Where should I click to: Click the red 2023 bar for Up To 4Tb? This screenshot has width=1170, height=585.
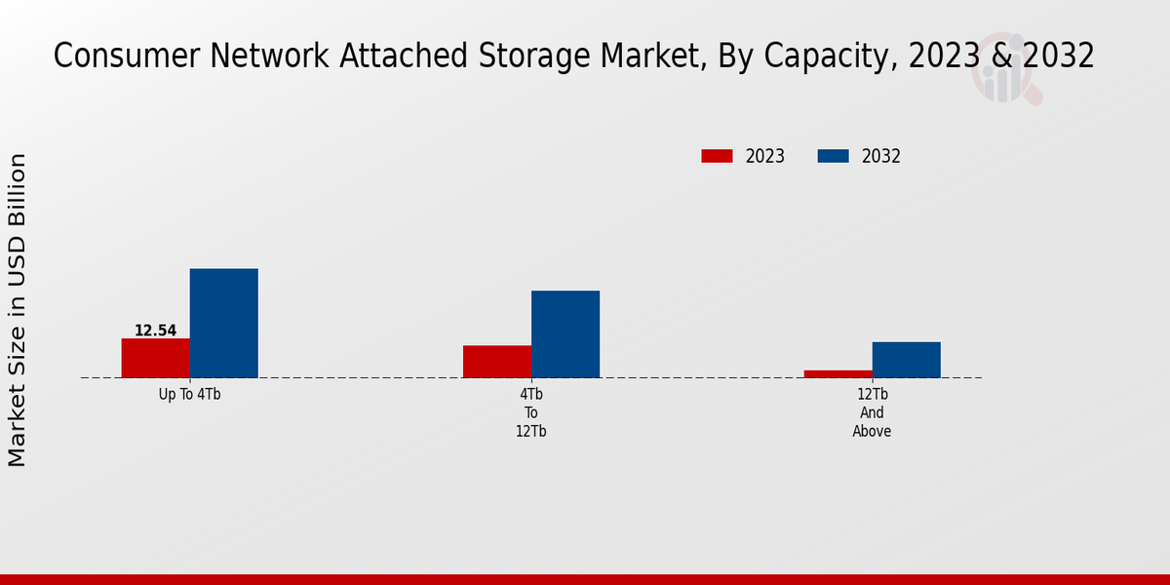pos(155,358)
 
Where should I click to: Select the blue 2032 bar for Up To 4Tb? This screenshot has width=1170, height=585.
pos(223,323)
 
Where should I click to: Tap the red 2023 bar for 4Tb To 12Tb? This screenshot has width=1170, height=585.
pos(496,361)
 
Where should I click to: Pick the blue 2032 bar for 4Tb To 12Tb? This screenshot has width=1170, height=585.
pos(565,333)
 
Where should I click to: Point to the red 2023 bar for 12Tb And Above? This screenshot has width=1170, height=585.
pos(838,373)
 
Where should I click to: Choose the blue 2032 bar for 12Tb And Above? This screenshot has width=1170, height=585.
pos(906,359)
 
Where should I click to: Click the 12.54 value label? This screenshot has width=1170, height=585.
pos(155,331)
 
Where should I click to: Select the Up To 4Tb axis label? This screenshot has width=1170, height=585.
pos(189,395)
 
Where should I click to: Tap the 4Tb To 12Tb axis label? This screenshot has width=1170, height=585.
pos(530,412)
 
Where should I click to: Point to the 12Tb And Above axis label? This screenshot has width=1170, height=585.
pos(872,412)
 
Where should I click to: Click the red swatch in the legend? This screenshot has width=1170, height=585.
pos(717,156)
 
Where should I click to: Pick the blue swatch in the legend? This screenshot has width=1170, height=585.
pos(833,156)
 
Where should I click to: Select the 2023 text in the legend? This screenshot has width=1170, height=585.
pos(764,156)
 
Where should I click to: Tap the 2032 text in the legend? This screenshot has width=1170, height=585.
pos(880,156)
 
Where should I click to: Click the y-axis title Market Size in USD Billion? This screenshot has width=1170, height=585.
pos(18,309)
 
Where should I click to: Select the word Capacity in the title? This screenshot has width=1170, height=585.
pos(825,57)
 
